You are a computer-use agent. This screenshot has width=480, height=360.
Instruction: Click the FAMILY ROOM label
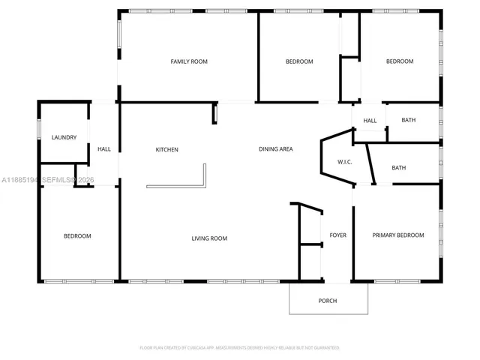coord(188,61)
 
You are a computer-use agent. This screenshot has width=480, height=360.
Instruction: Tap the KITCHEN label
coord(166,149)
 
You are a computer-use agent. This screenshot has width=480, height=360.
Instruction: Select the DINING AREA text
coord(275,149)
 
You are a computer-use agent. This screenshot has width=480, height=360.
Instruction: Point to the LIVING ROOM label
coord(209,238)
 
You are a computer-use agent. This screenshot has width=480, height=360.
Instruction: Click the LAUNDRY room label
coord(64,137)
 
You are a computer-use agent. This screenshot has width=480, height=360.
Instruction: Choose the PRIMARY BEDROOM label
coord(398,235)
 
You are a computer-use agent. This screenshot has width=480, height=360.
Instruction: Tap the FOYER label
coord(338,235)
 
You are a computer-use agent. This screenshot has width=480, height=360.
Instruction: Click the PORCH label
coord(328,301)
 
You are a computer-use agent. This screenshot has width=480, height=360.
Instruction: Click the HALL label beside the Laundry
coord(104,149)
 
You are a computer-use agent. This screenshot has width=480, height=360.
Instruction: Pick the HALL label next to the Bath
coord(370,121)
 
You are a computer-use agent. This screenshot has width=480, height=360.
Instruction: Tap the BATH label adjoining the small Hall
coord(409,120)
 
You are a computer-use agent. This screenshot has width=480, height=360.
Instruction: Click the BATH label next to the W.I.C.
coord(399,168)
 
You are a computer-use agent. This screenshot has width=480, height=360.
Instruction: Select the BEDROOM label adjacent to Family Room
coord(299,61)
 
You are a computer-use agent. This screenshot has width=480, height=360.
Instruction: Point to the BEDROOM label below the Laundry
coord(77,236)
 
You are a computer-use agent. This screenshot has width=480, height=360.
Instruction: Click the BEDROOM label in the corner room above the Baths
coord(400,61)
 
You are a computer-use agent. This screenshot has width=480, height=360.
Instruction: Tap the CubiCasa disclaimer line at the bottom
coord(239,348)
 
